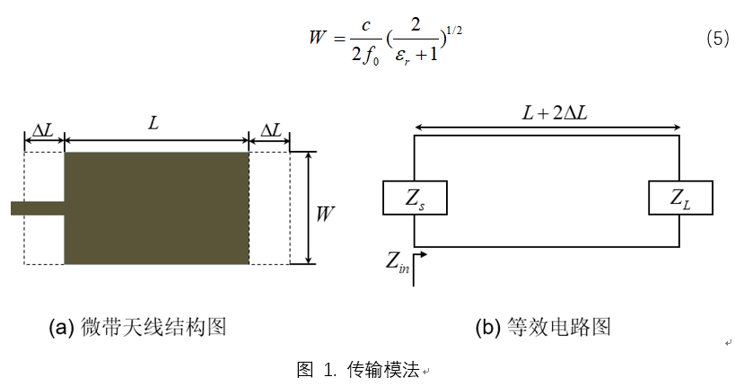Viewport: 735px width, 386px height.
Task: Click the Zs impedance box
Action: [415, 197]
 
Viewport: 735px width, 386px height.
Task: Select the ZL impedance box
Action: [680, 197]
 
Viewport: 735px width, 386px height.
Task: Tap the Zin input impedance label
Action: [398, 263]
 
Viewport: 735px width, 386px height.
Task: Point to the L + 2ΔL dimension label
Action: [555, 113]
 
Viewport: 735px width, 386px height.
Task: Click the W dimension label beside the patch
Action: [325, 214]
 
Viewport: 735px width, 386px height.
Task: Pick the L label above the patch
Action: [153, 123]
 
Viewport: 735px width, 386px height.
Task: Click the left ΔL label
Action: [43, 130]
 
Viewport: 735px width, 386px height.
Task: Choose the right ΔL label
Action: [271, 130]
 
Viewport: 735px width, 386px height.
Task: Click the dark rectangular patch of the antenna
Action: [156, 207]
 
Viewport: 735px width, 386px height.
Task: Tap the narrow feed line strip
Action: [38, 208]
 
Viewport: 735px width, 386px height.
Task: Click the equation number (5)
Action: [718, 38]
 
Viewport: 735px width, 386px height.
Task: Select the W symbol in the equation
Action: [318, 37]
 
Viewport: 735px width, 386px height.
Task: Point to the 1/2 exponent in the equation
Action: [454, 31]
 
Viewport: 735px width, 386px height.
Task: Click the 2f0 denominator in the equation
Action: [365, 56]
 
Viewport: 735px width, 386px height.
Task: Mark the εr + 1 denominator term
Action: [416, 55]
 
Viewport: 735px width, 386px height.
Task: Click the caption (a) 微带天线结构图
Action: [138, 327]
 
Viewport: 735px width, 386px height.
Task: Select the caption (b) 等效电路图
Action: [543, 327]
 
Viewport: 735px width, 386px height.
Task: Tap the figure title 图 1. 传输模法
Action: [359, 370]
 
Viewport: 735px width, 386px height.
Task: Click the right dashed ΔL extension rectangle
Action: [269, 207]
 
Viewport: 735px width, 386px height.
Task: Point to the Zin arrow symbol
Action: [420, 269]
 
